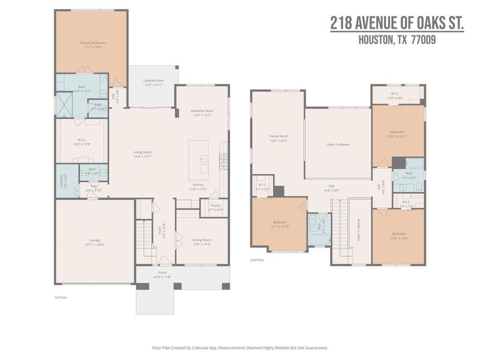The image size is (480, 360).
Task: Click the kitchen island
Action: click(x=199, y=159)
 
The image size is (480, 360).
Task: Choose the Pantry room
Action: click(x=215, y=208)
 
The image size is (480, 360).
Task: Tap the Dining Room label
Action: click(x=202, y=242)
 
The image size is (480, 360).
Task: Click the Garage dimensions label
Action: click(x=95, y=245)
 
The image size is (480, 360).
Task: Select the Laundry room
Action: click(x=67, y=178)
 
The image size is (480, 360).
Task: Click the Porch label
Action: click(x=162, y=272)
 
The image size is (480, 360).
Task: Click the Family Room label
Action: click(x=278, y=136)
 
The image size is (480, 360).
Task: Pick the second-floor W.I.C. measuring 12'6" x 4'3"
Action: click(x=395, y=95)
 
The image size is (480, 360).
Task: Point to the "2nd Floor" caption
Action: click(x=257, y=260)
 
